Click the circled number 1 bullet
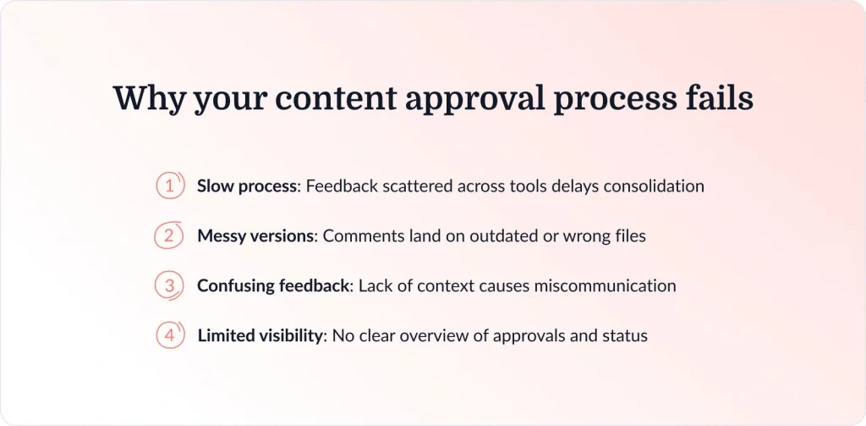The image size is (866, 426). [170, 186]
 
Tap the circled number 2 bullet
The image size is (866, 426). [170, 235]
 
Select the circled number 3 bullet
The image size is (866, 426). [170, 285]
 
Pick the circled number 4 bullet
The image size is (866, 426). [170, 335]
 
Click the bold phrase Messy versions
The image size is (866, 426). [255, 236]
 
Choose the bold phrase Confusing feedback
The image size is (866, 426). [273, 286]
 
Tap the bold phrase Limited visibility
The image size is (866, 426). [260, 336]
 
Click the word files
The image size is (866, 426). [628, 236]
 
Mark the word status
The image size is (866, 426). [624, 336]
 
